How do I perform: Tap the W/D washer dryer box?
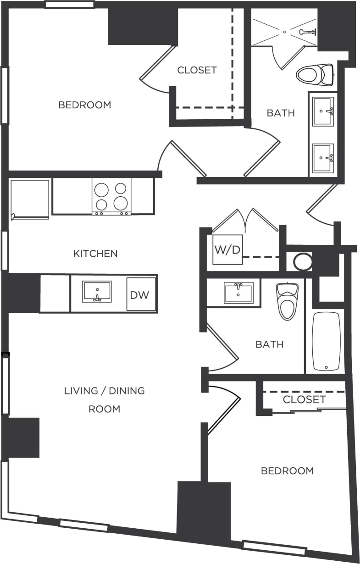pyautogui.click(x=227, y=250)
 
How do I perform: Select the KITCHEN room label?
pyautogui.click(x=95, y=254)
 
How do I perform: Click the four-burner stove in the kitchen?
pyautogui.click(x=111, y=196)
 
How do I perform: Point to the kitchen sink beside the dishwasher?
pyautogui.click(x=97, y=292)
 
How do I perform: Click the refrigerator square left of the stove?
pyautogui.click(x=30, y=199)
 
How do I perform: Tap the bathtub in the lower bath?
pyautogui.click(x=326, y=341)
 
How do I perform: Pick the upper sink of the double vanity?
pyautogui.click(x=323, y=111)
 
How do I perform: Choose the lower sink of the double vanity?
pyautogui.click(x=323, y=158)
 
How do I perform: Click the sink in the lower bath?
pyautogui.click(x=238, y=293)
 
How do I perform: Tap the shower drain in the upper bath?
pyautogui.click(x=284, y=32)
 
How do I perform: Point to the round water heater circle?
pyautogui.click(x=302, y=261)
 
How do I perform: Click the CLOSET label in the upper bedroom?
pyautogui.click(x=197, y=70)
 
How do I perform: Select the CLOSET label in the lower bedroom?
pyautogui.click(x=304, y=399)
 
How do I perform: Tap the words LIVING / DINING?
pyautogui.click(x=104, y=391)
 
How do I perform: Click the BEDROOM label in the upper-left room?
pyautogui.click(x=85, y=105)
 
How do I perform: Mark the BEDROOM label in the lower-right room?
pyautogui.click(x=287, y=471)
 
